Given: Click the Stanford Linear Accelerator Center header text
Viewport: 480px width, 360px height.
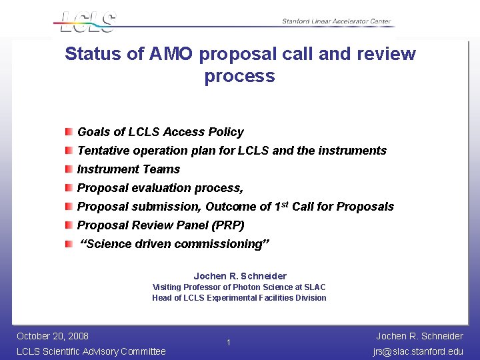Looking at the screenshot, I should (x=336, y=21).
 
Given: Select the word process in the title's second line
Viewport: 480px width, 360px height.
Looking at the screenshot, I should (x=239, y=76).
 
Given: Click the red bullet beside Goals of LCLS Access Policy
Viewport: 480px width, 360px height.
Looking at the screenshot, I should (x=69, y=132).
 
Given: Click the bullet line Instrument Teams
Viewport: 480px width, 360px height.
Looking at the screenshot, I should (x=129, y=169).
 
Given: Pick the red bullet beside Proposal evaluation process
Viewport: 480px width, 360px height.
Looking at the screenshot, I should (x=69, y=188).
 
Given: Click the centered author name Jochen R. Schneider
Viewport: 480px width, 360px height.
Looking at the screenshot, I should (x=240, y=276).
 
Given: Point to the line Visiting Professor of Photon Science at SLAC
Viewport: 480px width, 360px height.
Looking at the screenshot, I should (x=239, y=287).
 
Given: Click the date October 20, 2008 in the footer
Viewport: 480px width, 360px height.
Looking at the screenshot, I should (x=53, y=336).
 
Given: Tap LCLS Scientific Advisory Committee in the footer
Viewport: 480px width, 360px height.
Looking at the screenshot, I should (x=91, y=351).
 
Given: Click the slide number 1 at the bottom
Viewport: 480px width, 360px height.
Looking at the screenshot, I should (x=228, y=343).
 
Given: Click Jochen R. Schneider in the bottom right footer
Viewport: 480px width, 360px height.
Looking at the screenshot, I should (x=419, y=336).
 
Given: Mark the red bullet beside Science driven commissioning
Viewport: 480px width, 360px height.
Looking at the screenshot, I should (x=69, y=244).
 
